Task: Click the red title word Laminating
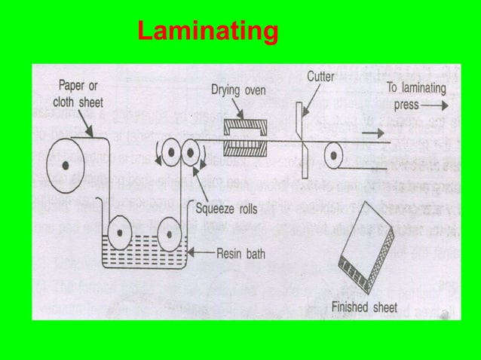[x=207, y=32]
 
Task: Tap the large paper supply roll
[x=67, y=164]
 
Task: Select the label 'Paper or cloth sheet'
[x=78, y=93]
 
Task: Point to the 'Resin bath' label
[x=240, y=254]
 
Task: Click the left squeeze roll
[x=170, y=154]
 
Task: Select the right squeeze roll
[x=190, y=154]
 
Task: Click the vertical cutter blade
[x=302, y=141]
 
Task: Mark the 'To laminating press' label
[x=415, y=96]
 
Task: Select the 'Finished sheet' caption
[x=364, y=307]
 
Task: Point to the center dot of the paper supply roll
[x=67, y=164]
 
